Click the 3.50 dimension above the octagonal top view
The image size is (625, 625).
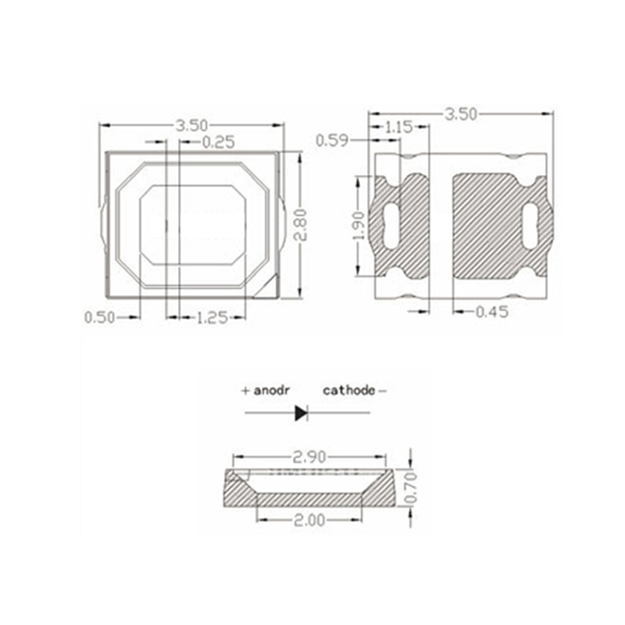pyautogui.click(x=192, y=126)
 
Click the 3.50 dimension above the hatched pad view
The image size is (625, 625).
pyautogui.click(x=461, y=114)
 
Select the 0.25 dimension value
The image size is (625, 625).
pyautogui.click(x=219, y=142)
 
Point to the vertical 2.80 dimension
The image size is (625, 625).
pyautogui.click(x=300, y=225)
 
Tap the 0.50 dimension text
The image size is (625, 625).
pyautogui.click(x=100, y=318)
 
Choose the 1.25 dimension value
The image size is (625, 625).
pyautogui.click(x=212, y=318)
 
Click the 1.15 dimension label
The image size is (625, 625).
pyautogui.click(x=398, y=127)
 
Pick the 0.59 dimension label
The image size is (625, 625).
pyautogui.click(x=332, y=141)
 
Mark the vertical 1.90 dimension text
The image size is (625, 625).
pyautogui.click(x=359, y=226)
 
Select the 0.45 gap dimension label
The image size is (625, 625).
pyautogui.click(x=492, y=312)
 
